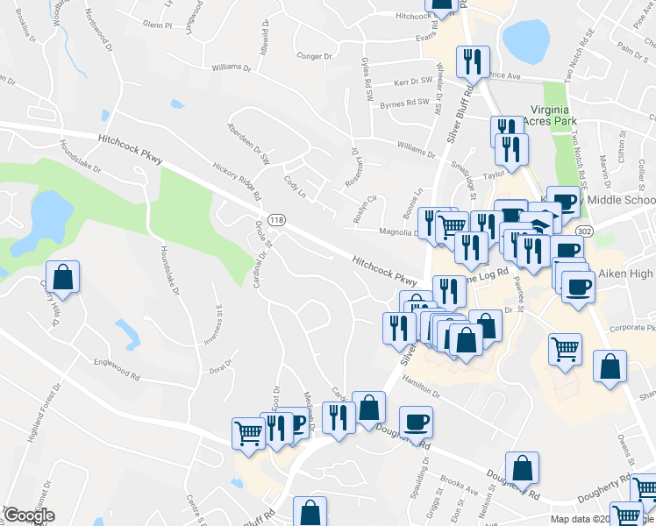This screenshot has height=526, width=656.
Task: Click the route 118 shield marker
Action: (x=275, y=219)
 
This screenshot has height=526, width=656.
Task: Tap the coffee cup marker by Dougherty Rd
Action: (x=416, y=423)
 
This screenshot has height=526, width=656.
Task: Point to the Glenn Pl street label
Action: (x=156, y=26)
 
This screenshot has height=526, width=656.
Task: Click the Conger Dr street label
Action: (x=316, y=56)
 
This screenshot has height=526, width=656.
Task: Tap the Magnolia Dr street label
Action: (x=396, y=233)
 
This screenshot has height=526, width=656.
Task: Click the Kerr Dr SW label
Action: (x=414, y=81)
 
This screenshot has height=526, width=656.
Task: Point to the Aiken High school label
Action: (x=626, y=274)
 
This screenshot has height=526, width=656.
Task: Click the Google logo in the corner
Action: (x=29, y=516)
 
